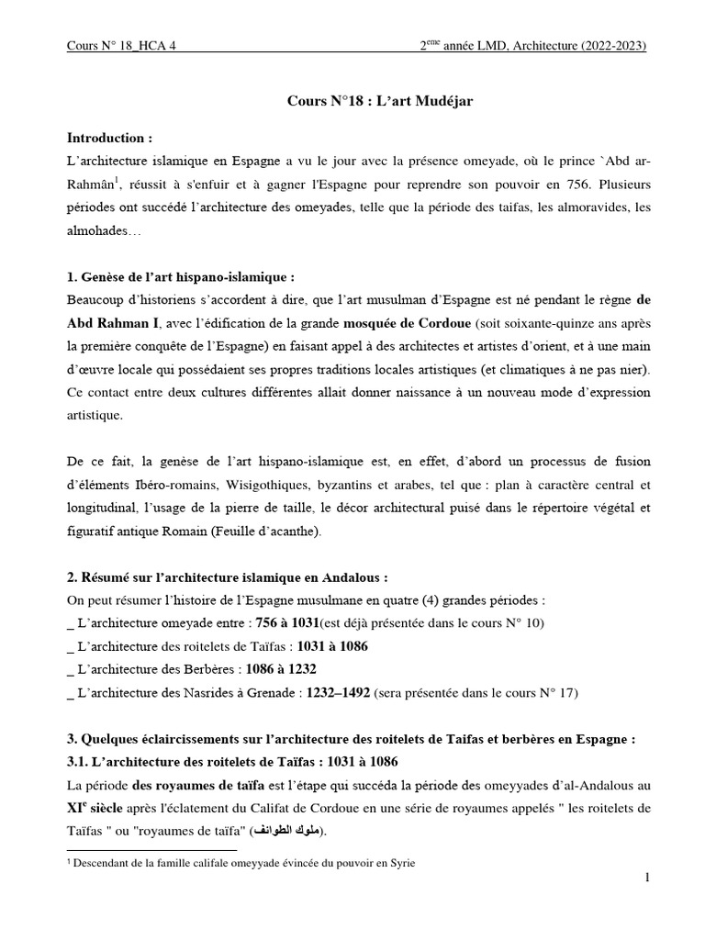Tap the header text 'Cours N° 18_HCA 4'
pyautogui.click(x=121, y=47)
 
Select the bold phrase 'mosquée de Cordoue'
pyautogui.click(x=408, y=323)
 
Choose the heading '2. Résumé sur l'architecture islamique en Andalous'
pyautogui.click(x=228, y=578)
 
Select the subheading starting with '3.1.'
pyautogui.click(x=233, y=763)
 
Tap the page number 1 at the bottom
pyautogui.click(x=647, y=878)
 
